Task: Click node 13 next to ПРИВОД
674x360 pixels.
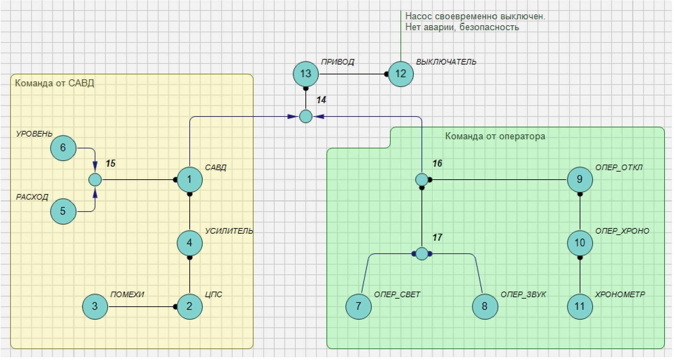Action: coord(305,74)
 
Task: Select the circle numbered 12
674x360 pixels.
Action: coord(400,74)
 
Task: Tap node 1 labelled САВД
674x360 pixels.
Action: coord(189,180)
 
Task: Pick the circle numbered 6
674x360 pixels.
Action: coord(63,148)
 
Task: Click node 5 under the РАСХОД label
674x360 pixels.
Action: coord(63,211)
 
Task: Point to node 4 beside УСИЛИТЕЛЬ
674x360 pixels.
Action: coord(189,243)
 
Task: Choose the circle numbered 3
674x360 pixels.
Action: coord(95,306)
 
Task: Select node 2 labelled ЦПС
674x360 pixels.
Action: coord(189,306)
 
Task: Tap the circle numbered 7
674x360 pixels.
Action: coord(358,306)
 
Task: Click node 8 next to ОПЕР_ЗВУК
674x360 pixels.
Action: coord(485,306)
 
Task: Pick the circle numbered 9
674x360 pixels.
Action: coord(580,180)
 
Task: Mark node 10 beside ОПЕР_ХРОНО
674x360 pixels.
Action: coord(580,243)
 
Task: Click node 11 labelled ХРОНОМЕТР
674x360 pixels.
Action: coord(580,306)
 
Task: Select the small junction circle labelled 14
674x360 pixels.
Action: coord(306,116)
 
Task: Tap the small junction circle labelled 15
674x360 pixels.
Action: coord(95,180)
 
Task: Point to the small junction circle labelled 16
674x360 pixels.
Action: coord(422,180)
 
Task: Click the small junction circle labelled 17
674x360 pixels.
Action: coord(422,253)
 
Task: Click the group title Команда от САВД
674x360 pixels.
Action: coord(55,83)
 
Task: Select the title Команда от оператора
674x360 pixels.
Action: coord(495,136)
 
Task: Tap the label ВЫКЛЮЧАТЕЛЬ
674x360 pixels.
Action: coord(446,62)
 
